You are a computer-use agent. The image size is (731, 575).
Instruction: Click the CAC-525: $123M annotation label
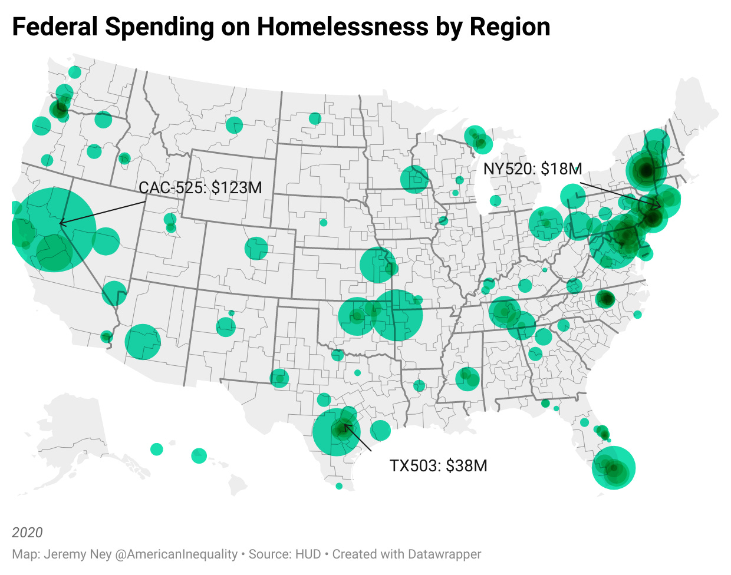point(200,188)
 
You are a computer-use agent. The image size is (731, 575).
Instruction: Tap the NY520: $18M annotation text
point(532,169)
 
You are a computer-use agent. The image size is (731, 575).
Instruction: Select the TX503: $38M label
point(438,466)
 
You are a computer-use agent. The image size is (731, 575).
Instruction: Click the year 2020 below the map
point(27,533)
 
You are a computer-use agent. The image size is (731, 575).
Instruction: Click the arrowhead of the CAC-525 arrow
point(60,223)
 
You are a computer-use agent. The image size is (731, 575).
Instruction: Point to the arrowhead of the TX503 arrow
point(344,424)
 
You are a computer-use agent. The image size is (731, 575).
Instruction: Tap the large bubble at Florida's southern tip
point(613,468)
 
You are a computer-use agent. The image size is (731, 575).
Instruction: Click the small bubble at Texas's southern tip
point(339,486)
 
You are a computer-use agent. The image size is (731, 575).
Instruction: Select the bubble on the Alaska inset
point(156,450)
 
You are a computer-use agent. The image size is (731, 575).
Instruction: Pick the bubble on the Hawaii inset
point(199,455)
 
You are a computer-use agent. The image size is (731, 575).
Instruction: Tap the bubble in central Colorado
point(256,249)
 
